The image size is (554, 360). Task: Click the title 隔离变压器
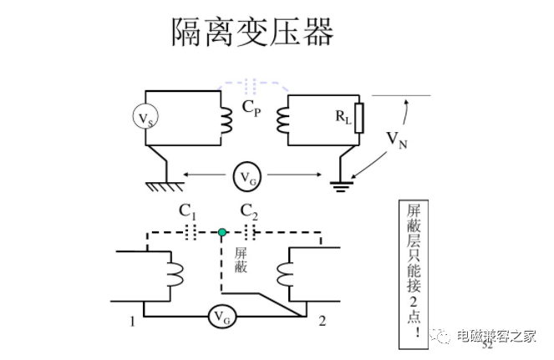[x=252, y=32]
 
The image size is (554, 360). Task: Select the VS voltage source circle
[x=145, y=117]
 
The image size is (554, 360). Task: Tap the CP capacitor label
[x=252, y=108]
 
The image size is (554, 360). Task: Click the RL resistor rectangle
[x=359, y=118]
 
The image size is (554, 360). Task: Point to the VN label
[x=397, y=139]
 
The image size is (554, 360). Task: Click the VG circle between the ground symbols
[x=247, y=177]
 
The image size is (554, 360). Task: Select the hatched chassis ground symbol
[x=165, y=186]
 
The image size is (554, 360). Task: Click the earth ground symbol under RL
[x=341, y=186]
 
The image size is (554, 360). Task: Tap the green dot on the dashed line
[x=222, y=232]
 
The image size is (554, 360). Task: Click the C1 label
[x=187, y=212]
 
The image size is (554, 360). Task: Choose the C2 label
[x=249, y=212]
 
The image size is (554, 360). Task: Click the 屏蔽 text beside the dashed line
[x=241, y=261]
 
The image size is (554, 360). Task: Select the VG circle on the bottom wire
[x=221, y=317]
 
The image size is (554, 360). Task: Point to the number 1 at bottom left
[x=132, y=322]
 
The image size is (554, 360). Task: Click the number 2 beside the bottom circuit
[x=322, y=321]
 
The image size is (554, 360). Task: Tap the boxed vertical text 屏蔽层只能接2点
[x=414, y=274]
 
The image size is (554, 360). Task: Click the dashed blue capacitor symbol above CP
[x=250, y=85]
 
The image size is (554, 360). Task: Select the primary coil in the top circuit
[x=226, y=120]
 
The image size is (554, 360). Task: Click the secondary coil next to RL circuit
[x=282, y=120]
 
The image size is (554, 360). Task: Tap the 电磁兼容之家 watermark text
[x=496, y=336]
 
